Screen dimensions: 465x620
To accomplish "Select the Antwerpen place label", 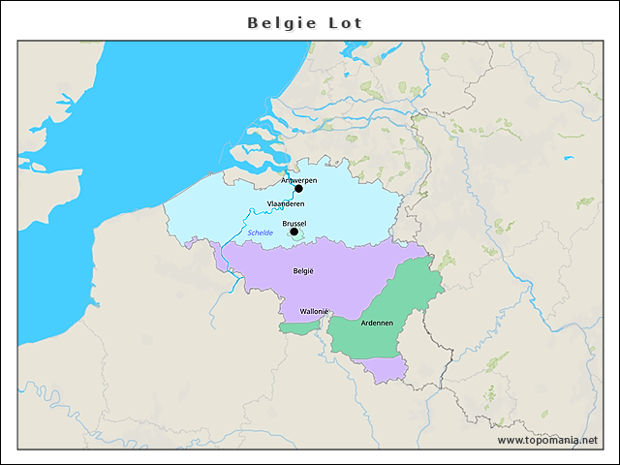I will click(297, 180).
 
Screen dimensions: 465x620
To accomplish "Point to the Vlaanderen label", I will click(286, 203).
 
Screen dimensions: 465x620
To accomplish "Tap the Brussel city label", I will click(294, 223).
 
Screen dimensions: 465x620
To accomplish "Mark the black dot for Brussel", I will click(294, 232).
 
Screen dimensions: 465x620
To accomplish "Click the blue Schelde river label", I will click(260, 232).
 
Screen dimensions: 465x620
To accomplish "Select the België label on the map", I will click(303, 272).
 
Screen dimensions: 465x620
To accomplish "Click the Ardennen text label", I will click(376, 323).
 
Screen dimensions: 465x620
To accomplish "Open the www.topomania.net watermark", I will click(547, 441).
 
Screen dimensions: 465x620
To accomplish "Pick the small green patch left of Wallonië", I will click(298, 328).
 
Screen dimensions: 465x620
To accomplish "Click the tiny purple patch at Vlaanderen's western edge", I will click(191, 240).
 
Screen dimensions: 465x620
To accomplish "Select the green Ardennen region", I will click(387, 300).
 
